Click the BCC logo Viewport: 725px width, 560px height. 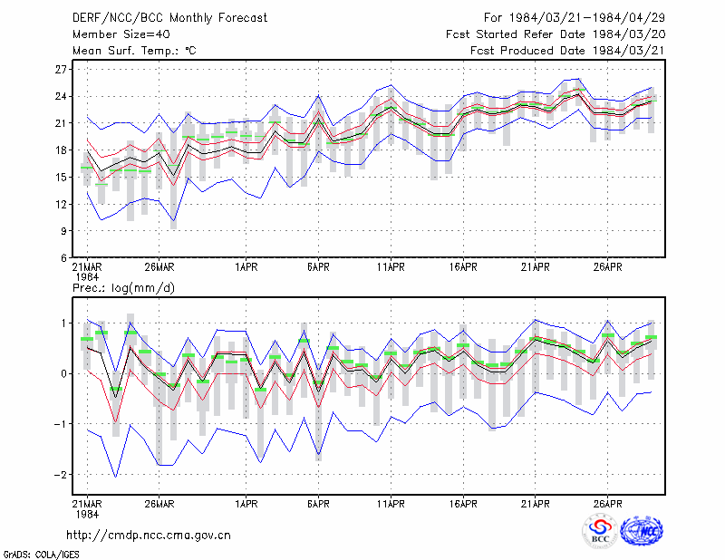(600, 531)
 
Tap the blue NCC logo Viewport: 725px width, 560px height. (642, 531)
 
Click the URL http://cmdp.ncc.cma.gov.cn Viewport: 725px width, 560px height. (149, 535)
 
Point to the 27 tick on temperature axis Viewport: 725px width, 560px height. (61, 70)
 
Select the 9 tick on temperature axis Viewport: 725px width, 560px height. (63, 231)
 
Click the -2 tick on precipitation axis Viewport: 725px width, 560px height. (60, 475)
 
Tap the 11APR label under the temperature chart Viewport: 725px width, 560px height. (391, 266)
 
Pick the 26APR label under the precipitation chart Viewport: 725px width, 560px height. (607, 504)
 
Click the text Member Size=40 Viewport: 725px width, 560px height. (121, 34)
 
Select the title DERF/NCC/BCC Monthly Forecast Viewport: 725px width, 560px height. (169, 17)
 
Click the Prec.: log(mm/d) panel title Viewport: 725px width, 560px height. (123, 288)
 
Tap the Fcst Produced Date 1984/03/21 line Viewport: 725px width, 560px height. (567, 51)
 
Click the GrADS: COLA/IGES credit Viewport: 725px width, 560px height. (41, 555)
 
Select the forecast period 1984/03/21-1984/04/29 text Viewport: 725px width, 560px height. (586, 17)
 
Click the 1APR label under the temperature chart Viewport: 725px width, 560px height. (246, 266)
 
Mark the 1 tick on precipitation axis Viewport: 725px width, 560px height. (63, 323)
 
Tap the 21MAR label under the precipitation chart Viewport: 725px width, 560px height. (87, 504)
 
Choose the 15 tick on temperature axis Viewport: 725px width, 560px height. (61, 177)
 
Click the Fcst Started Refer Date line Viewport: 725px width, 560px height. (556, 34)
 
